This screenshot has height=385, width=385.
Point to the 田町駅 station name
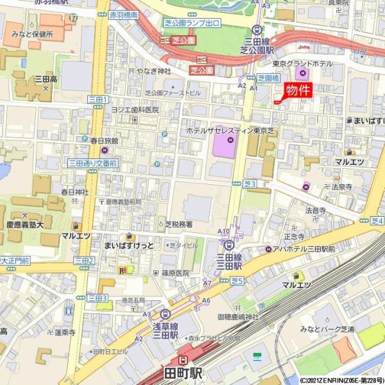click(x=183, y=372)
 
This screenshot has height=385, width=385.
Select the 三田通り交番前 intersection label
click(x=92, y=164)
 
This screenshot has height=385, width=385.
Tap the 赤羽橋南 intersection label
click(x=124, y=13)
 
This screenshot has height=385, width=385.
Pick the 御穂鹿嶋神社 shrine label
click(x=237, y=316)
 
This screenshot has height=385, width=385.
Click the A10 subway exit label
click(x=223, y=231)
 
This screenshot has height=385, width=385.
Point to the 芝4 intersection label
click(x=377, y=221)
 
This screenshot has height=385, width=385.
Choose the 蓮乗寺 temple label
click(x=65, y=332)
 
